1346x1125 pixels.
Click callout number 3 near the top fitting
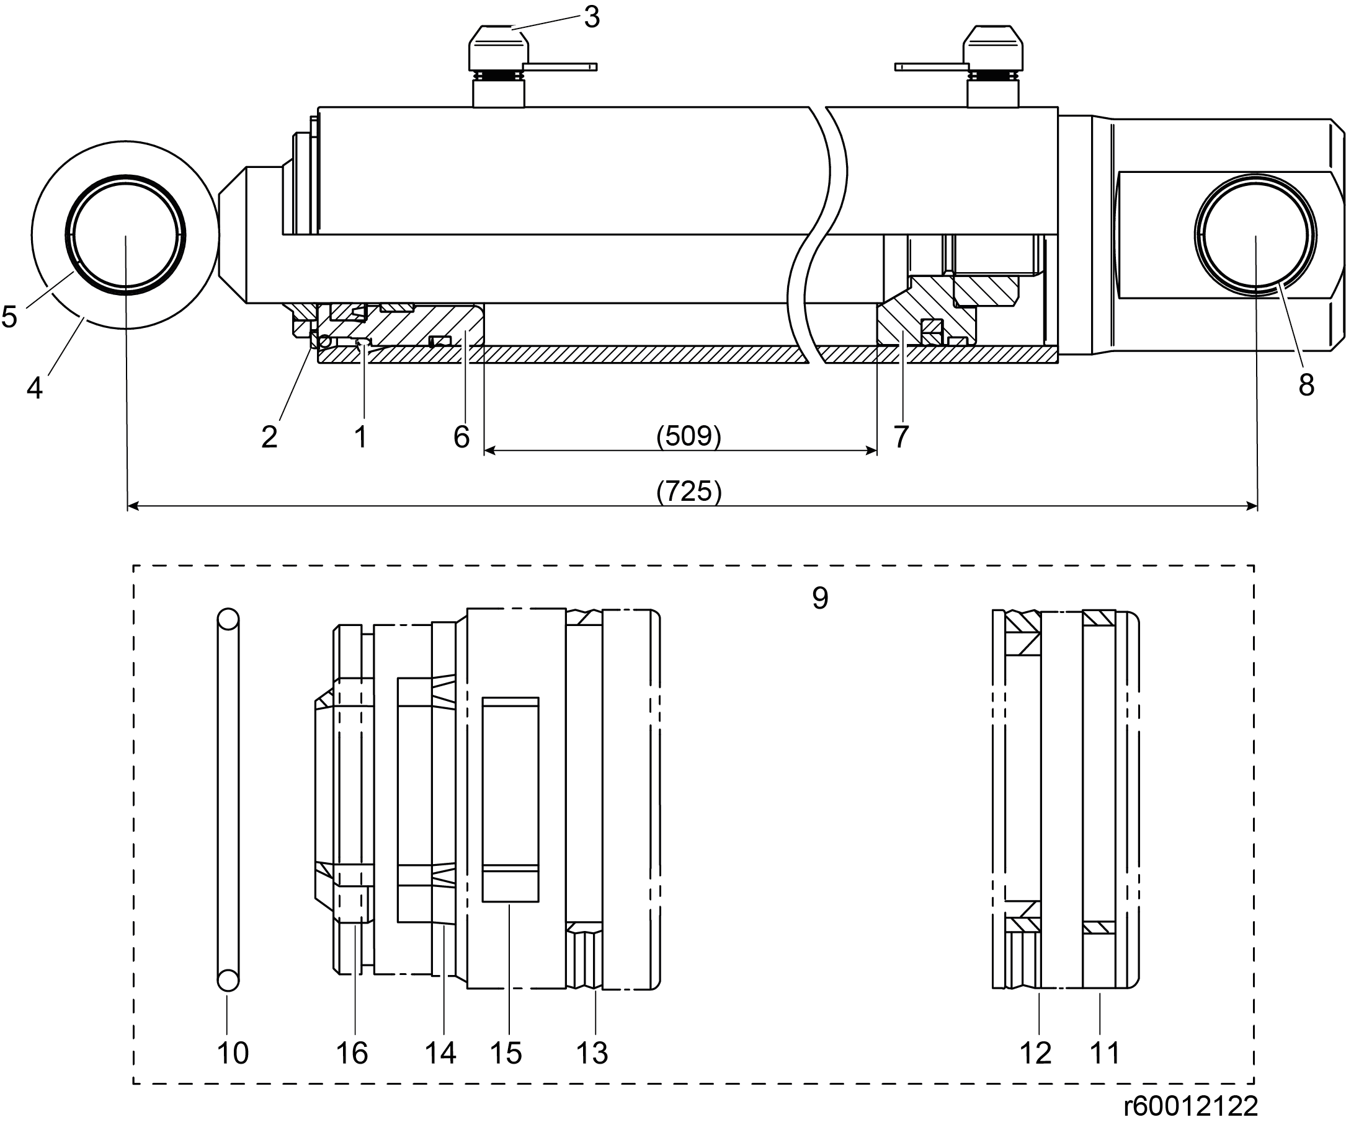tap(592, 17)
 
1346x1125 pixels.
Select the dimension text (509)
tap(689, 436)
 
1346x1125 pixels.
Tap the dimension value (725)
tap(689, 492)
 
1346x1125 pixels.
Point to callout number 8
tap(1306, 385)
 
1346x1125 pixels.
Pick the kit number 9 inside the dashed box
tap(821, 598)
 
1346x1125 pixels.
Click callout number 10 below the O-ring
tap(233, 1053)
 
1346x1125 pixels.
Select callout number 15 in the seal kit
tap(506, 1053)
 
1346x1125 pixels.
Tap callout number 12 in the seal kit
tap(1036, 1053)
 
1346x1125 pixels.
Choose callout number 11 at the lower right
tap(1104, 1053)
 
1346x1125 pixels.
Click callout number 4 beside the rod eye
tap(35, 388)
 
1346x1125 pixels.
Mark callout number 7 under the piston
tap(901, 437)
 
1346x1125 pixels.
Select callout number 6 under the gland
tap(461, 437)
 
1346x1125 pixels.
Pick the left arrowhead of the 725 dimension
tap(133, 507)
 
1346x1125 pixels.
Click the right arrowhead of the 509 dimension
tap(871, 451)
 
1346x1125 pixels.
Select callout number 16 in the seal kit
tap(352, 1053)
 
